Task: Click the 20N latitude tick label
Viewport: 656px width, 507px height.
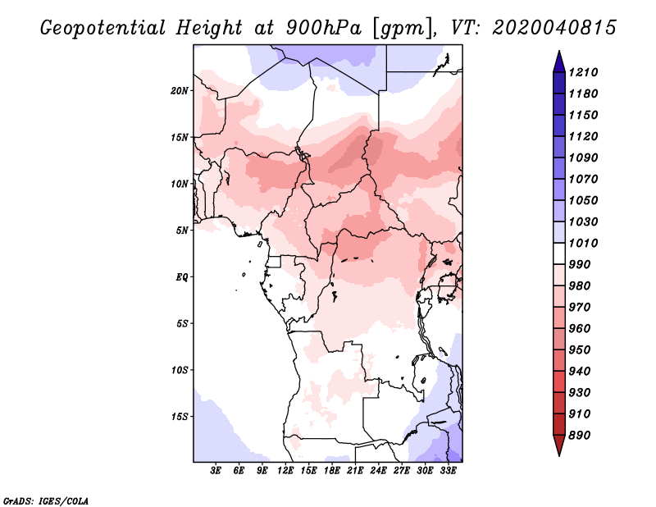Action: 180,91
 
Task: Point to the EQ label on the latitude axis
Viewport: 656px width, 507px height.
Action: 182,277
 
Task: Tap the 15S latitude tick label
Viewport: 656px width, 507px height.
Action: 180,417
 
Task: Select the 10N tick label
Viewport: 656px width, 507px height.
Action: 180,184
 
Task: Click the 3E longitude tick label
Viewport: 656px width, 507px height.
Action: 216,471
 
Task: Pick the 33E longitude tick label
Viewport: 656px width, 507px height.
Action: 448,471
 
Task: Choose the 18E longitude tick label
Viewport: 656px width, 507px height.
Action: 332,471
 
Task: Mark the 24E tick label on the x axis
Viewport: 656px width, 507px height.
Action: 378,471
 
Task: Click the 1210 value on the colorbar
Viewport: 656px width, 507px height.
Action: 583,72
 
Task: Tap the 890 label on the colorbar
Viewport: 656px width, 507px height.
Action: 580,436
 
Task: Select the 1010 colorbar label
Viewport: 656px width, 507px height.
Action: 583,243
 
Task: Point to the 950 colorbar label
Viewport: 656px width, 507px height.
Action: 580,350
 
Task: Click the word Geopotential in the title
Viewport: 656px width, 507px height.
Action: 103,28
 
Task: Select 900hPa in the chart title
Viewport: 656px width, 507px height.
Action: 324,28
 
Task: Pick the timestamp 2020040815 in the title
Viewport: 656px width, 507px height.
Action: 554,28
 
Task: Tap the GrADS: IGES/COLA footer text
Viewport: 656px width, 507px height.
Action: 46,501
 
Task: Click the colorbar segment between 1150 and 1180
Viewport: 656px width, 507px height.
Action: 559,104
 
